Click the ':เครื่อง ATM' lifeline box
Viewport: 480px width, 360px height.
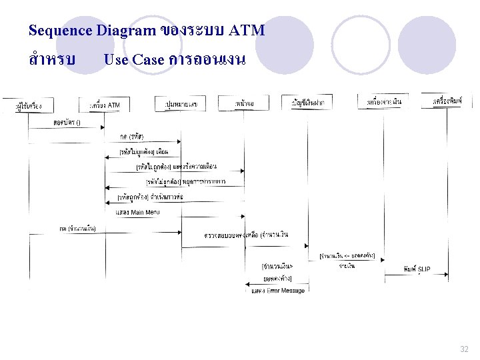click(105, 105)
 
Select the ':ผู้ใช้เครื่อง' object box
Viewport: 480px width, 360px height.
click(33, 106)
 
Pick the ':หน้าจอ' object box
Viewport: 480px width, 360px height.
click(244, 104)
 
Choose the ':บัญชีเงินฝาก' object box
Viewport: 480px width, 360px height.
click(312, 102)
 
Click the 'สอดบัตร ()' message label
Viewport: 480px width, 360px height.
click(67, 123)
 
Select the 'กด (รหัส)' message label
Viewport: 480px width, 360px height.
click(131, 137)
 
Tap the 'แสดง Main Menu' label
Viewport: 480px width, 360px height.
click(138, 212)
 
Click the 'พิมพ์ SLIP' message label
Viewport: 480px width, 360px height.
click(417, 269)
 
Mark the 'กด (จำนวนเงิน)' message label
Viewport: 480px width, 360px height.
click(77, 229)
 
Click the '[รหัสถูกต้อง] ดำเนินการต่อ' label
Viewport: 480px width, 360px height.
click(150, 197)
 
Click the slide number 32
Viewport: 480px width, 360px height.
click(464, 349)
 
